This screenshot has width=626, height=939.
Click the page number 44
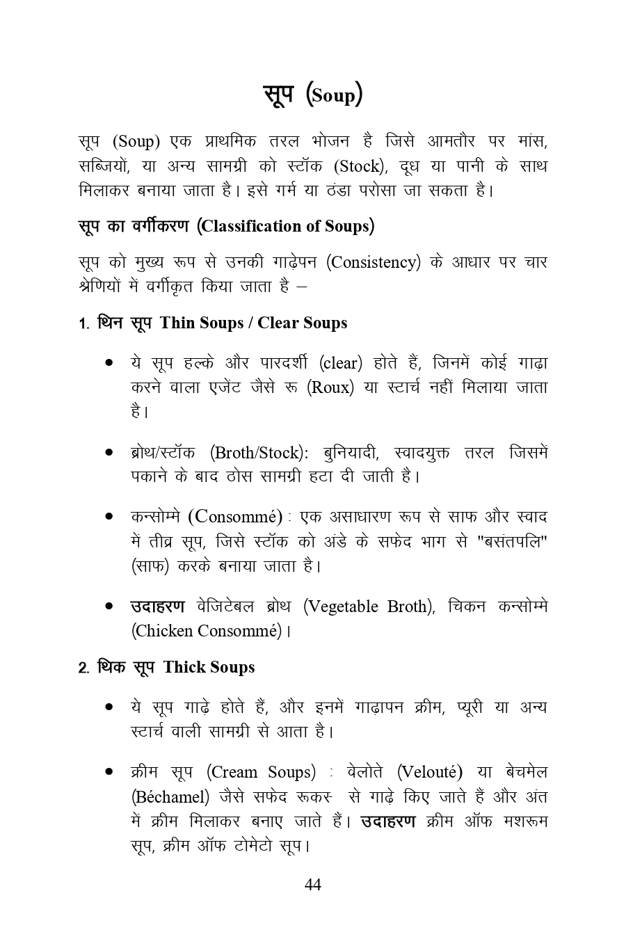313,884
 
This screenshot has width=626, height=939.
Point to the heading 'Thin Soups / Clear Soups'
253,323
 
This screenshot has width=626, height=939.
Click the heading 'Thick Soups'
209,667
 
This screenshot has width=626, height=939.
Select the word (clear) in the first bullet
341,363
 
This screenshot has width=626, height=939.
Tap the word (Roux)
330,387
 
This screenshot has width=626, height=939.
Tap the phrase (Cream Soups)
261,772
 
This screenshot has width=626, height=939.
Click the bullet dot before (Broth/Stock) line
109,453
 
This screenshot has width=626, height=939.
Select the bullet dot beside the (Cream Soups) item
109,772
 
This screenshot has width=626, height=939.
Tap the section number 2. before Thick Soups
83,668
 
